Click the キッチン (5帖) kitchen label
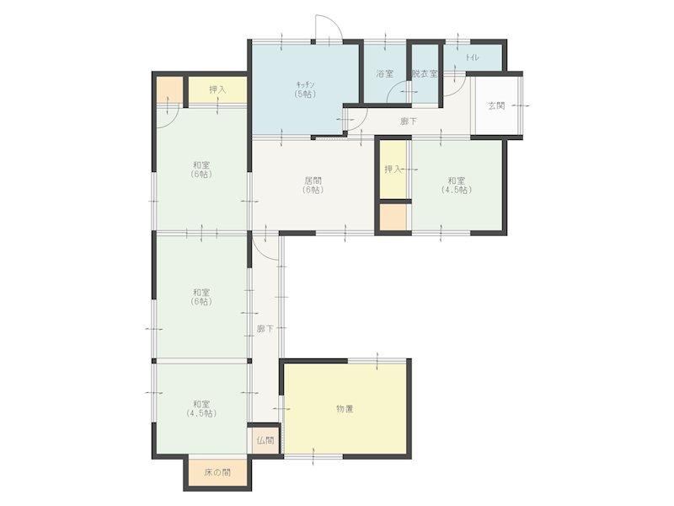[306, 89]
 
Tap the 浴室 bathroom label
[385, 73]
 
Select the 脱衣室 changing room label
[425, 73]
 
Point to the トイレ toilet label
[472, 57]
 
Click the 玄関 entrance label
[496, 105]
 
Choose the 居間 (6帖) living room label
[313, 185]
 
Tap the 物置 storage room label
[345, 409]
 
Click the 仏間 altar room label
[265, 440]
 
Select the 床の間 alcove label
[217, 472]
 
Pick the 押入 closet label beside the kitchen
[217, 89]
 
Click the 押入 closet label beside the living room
[393, 170]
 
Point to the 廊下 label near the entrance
[409, 121]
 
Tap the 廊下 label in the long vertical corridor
[265, 329]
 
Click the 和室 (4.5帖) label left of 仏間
[201, 409]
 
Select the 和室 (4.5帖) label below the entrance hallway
[457, 185]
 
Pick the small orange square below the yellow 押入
[393, 218]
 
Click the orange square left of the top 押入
[170, 89]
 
